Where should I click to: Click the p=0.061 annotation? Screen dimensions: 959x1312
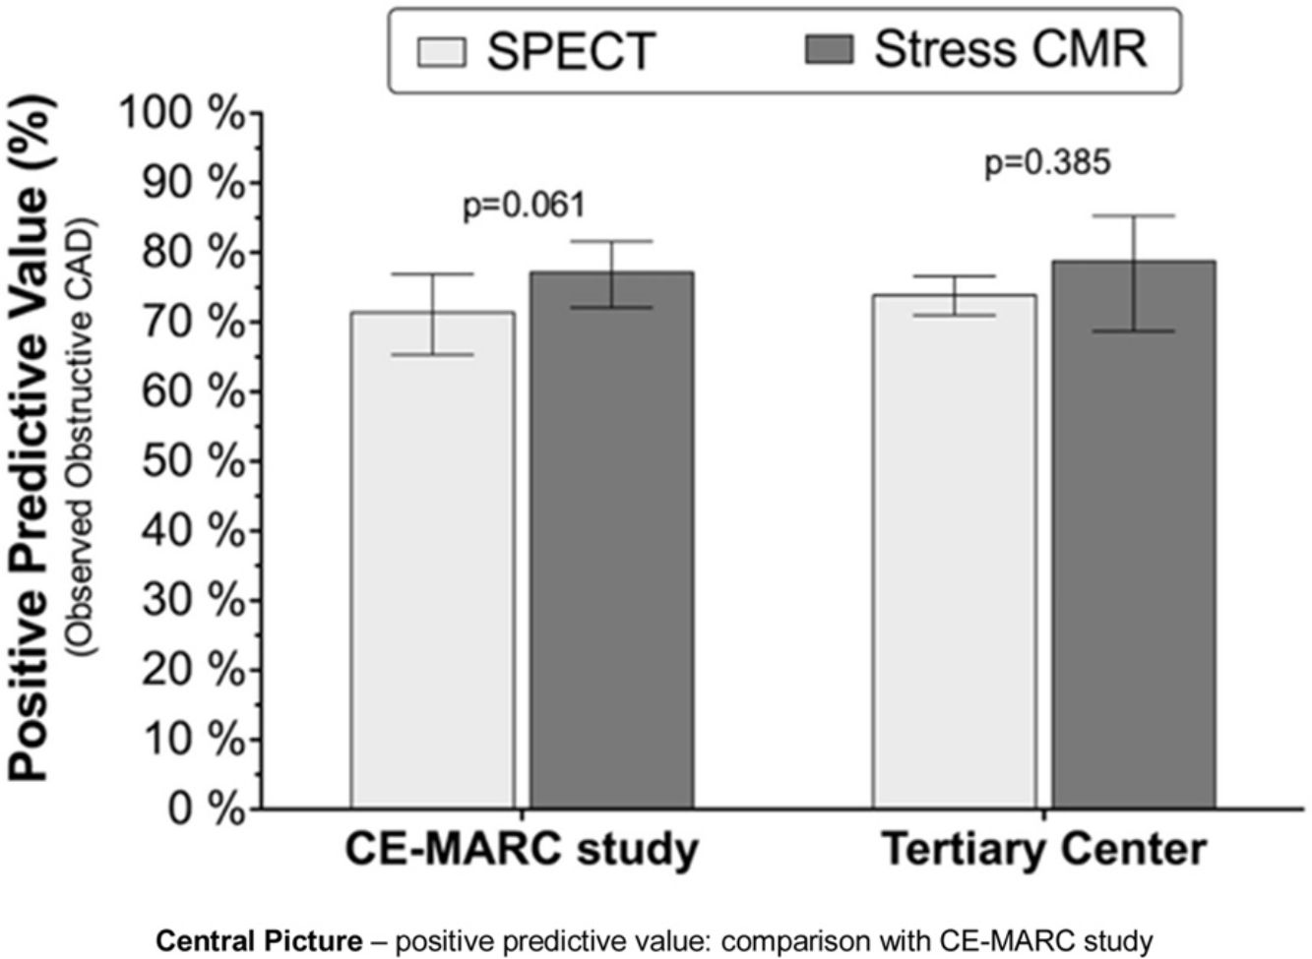[524, 206]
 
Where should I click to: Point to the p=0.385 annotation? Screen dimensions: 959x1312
[1046, 162]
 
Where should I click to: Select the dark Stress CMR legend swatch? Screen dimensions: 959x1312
[830, 49]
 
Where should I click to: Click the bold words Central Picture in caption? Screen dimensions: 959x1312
[260, 941]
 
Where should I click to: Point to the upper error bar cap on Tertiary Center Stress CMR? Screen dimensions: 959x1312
[1134, 216]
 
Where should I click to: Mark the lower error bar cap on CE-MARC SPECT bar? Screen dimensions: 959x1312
[433, 355]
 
